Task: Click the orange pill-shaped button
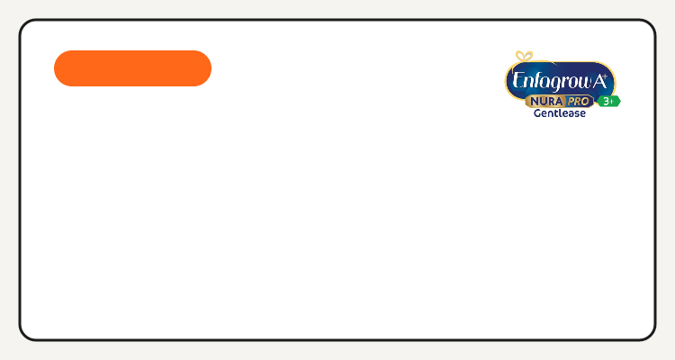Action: (132, 68)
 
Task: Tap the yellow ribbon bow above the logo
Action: (525, 56)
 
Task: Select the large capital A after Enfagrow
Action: (598, 81)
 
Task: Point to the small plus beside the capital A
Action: (606, 76)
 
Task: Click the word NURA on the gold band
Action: (546, 102)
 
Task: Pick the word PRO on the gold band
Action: (578, 102)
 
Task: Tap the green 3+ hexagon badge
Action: (608, 101)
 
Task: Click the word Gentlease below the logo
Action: (560, 113)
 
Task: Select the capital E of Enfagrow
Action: (517, 80)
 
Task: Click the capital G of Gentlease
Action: (537, 112)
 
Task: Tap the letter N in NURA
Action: (535, 102)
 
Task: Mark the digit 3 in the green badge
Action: (606, 101)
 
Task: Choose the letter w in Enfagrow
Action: (583, 82)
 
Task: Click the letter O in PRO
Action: (585, 102)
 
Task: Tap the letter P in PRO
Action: (571, 102)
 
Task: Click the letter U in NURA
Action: (544, 102)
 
